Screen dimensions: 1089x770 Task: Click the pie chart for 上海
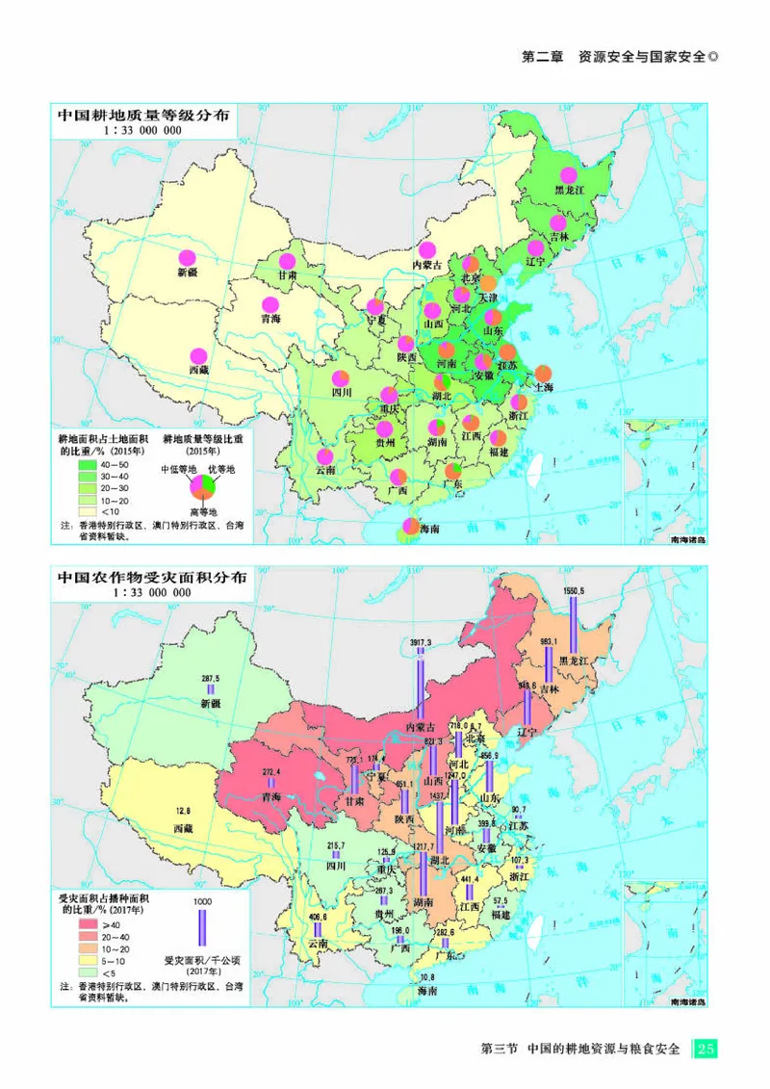pos(543,373)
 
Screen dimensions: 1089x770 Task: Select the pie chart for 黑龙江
pos(569,175)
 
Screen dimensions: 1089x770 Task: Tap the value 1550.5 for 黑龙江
pos(574,590)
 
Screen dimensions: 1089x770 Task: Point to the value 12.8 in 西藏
pos(183,810)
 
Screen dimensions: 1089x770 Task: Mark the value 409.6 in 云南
pos(318,917)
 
